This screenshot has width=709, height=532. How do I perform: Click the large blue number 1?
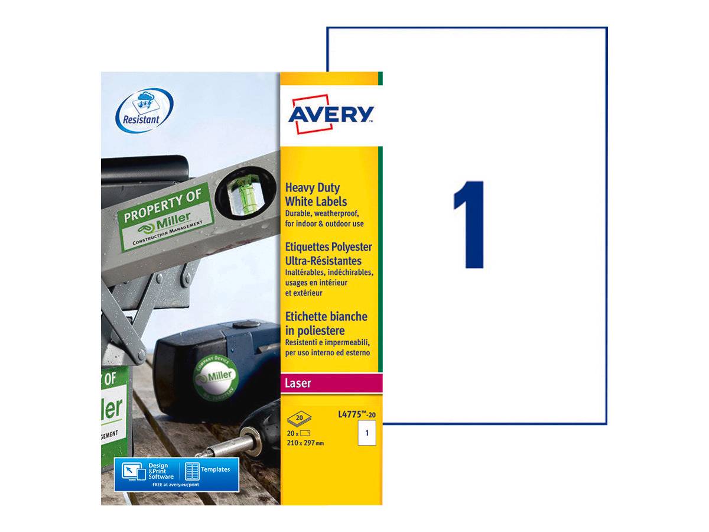471,225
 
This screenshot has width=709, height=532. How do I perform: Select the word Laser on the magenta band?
298,384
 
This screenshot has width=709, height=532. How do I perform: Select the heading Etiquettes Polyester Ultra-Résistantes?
328,254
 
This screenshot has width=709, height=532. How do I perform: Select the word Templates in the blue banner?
215,469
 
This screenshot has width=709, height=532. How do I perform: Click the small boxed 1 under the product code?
367,434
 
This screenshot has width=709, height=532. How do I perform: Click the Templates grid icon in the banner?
192,471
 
